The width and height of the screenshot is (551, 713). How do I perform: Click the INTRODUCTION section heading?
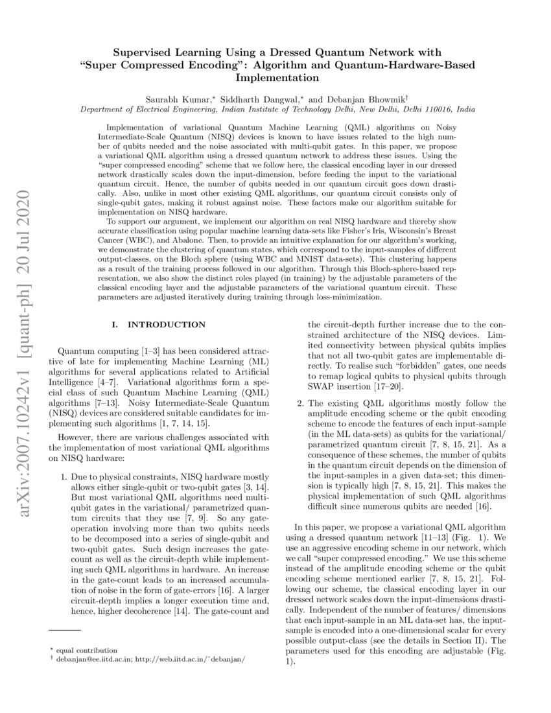[x=167, y=325]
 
